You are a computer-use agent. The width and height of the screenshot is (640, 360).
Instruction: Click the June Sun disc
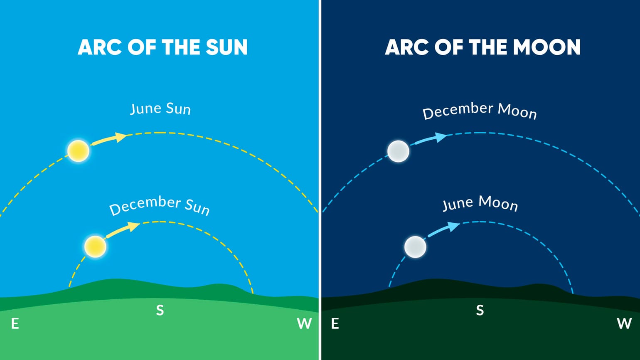(x=79, y=150)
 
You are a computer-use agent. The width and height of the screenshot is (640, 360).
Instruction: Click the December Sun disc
(x=95, y=247)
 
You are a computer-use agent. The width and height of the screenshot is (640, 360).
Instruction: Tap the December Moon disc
(x=398, y=151)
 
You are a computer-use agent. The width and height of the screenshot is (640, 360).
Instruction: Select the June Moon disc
(x=415, y=247)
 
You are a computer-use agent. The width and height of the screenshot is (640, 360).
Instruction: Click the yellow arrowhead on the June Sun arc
(x=121, y=137)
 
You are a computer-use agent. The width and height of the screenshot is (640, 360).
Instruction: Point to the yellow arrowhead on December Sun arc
(x=134, y=227)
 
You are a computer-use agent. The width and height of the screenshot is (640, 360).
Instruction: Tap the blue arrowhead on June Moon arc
(x=454, y=227)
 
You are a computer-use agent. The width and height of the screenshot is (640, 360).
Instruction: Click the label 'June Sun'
(x=160, y=109)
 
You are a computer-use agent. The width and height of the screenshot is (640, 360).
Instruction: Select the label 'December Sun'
(x=160, y=205)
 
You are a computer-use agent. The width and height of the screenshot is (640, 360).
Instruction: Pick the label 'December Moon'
(x=480, y=111)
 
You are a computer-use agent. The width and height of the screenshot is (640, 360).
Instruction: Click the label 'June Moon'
(x=480, y=203)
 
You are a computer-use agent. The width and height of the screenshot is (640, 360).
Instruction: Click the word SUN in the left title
(x=227, y=47)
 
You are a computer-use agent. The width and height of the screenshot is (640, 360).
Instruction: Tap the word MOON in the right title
(x=547, y=47)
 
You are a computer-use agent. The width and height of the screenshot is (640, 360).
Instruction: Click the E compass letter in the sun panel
(x=15, y=323)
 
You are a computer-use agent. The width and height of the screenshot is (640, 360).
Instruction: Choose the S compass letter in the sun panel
(x=160, y=310)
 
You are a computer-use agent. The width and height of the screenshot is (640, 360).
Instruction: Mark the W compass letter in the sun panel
(x=304, y=323)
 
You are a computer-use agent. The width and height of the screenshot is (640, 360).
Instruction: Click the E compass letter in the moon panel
(x=335, y=323)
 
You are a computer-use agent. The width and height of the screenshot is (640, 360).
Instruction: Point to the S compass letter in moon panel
(x=480, y=310)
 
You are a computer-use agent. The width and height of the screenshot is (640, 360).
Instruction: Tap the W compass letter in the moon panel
(x=624, y=323)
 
